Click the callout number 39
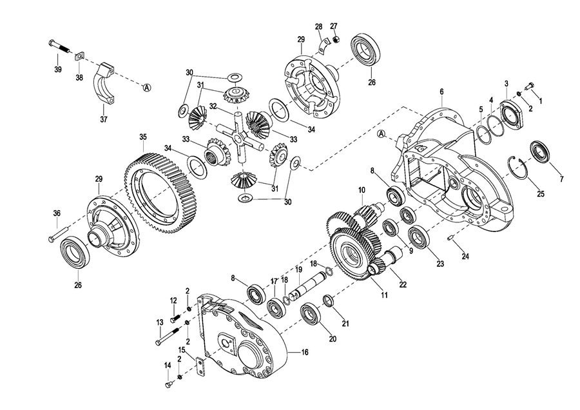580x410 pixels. [58, 70]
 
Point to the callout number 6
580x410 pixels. [441, 92]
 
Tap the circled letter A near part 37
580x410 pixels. [147, 87]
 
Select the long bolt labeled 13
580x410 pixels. [168, 337]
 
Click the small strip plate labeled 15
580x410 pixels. [200, 366]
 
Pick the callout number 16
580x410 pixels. [304, 352]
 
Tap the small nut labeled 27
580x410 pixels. [336, 39]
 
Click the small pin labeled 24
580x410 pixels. [451, 239]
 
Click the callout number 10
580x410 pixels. [362, 191]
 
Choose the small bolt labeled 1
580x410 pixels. [530, 85]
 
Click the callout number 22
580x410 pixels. [403, 284]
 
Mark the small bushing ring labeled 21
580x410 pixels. [329, 300]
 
